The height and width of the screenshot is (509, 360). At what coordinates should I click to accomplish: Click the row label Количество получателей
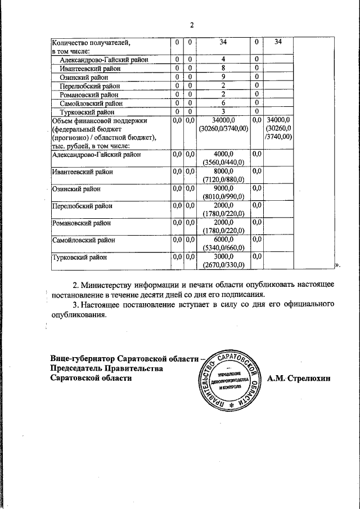coord(91,42)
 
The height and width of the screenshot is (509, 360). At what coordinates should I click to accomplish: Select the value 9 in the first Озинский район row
coord(223,76)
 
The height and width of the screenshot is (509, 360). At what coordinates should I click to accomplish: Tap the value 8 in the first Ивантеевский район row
coord(223,67)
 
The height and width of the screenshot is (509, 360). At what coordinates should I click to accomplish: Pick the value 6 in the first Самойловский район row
coord(223,103)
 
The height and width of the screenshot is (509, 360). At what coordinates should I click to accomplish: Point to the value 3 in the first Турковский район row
coord(223,112)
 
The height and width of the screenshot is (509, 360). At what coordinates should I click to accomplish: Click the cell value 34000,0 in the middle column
coord(223,120)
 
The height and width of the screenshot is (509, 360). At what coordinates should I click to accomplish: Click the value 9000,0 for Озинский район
coord(223,188)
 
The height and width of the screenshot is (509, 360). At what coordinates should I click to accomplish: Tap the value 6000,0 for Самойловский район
coord(223,240)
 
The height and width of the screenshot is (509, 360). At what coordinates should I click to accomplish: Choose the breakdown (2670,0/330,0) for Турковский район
coord(223,265)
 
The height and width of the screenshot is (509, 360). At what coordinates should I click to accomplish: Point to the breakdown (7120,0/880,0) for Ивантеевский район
coord(223,179)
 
